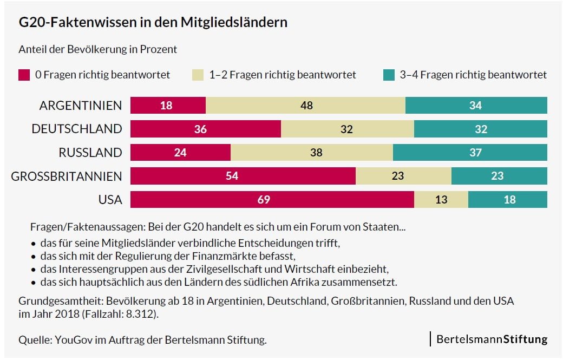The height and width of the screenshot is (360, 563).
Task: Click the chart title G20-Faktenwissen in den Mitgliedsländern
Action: (153, 23)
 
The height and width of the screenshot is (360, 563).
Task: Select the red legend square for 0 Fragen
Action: (24, 75)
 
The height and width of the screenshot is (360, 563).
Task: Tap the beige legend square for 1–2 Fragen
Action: (198, 75)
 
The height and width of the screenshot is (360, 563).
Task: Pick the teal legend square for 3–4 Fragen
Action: (389, 75)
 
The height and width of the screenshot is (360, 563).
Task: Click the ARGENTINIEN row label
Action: (81, 106)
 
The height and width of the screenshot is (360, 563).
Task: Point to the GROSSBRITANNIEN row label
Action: (67, 176)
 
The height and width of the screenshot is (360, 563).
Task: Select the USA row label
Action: (110, 200)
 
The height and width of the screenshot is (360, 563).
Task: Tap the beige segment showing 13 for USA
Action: (441, 200)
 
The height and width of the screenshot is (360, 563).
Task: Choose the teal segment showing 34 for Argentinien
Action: (476, 106)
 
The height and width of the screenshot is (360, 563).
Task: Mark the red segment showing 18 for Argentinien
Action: (168, 106)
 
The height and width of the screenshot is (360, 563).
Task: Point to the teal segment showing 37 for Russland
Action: (470, 153)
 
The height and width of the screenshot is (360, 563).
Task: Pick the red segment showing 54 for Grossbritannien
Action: (243, 176)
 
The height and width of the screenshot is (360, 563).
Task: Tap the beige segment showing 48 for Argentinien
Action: (306, 106)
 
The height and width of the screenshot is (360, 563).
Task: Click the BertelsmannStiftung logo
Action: (492, 339)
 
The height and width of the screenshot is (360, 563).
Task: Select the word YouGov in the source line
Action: (68, 340)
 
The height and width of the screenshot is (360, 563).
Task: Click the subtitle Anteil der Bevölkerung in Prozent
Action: (97, 49)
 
